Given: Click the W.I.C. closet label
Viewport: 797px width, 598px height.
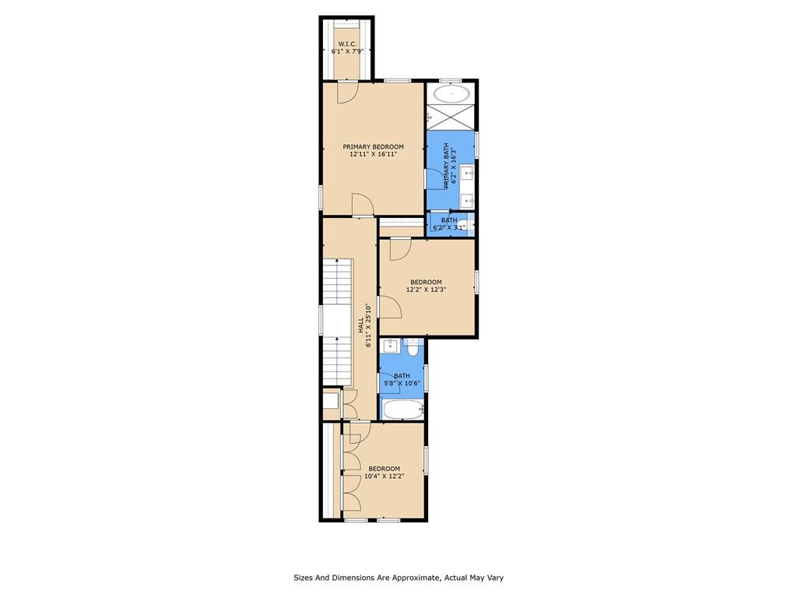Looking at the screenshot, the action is point(347,44).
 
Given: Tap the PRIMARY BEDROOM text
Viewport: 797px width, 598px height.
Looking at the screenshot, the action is point(373,147).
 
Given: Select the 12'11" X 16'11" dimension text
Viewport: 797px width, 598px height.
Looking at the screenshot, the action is point(373,154).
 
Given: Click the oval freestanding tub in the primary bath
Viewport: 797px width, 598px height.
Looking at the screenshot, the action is point(451,93).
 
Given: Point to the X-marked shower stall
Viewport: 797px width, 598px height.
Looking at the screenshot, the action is point(451,117).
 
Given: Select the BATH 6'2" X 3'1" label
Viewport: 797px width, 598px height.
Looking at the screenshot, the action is point(449,223).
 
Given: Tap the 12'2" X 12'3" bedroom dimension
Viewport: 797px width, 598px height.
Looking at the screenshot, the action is point(426,290).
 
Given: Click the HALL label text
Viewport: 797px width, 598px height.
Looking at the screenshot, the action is point(361,325).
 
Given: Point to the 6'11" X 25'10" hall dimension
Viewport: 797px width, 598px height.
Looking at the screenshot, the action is point(369,325).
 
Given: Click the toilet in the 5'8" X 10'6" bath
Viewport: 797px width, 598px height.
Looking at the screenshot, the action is point(413,349).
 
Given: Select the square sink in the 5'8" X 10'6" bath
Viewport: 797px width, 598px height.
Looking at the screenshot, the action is point(391,346).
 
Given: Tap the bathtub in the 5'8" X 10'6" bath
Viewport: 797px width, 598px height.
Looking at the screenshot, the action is point(402,409).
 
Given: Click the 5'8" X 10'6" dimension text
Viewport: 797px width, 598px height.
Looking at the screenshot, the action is point(402,383).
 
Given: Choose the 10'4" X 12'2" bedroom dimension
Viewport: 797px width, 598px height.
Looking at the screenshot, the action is point(384,477).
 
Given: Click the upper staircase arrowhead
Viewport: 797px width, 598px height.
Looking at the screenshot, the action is point(338,261).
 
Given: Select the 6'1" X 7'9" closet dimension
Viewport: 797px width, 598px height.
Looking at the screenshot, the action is point(347,51).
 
